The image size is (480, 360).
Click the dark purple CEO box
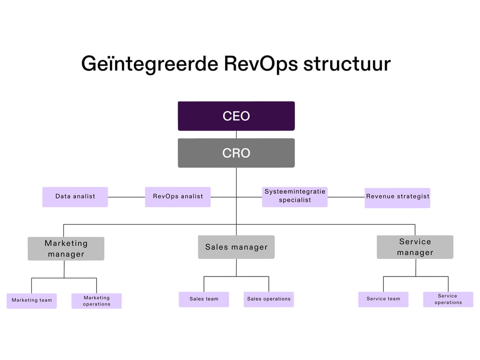click(236, 116)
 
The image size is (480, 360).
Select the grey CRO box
click(236, 153)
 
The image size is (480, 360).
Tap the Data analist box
click(75, 197)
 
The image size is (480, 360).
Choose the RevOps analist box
click(178, 197)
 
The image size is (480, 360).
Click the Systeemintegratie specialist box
click(295, 197)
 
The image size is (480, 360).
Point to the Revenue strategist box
click(397, 197)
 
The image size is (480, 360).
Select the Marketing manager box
click(66, 249)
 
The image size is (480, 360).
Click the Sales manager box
click(236, 247)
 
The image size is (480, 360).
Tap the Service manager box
click(415, 247)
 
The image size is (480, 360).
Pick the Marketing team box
click(32, 300)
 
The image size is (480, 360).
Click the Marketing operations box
click(96, 301)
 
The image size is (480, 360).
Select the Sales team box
click(204, 299)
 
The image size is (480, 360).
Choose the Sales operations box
click(269, 299)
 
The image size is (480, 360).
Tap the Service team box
click(383, 299)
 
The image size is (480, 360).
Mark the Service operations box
click(448, 300)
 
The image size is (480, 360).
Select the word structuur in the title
click(347, 64)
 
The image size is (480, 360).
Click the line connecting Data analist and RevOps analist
click(126, 197)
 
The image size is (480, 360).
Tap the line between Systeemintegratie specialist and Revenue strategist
click(346, 197)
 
